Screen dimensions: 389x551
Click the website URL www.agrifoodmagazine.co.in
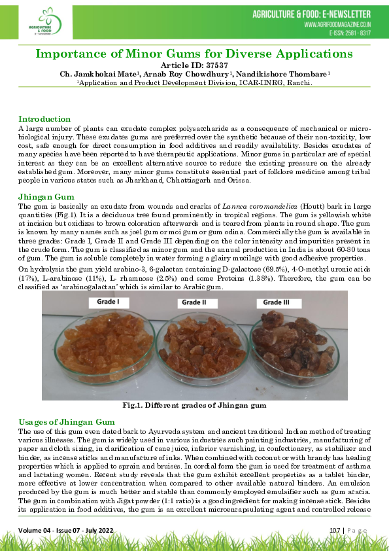click(x=337, y=24)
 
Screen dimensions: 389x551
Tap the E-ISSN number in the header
click(x=350, y=32)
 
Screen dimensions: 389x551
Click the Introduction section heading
click(x=44, y=119)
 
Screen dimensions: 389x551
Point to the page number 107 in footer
click(x=331, y=529)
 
